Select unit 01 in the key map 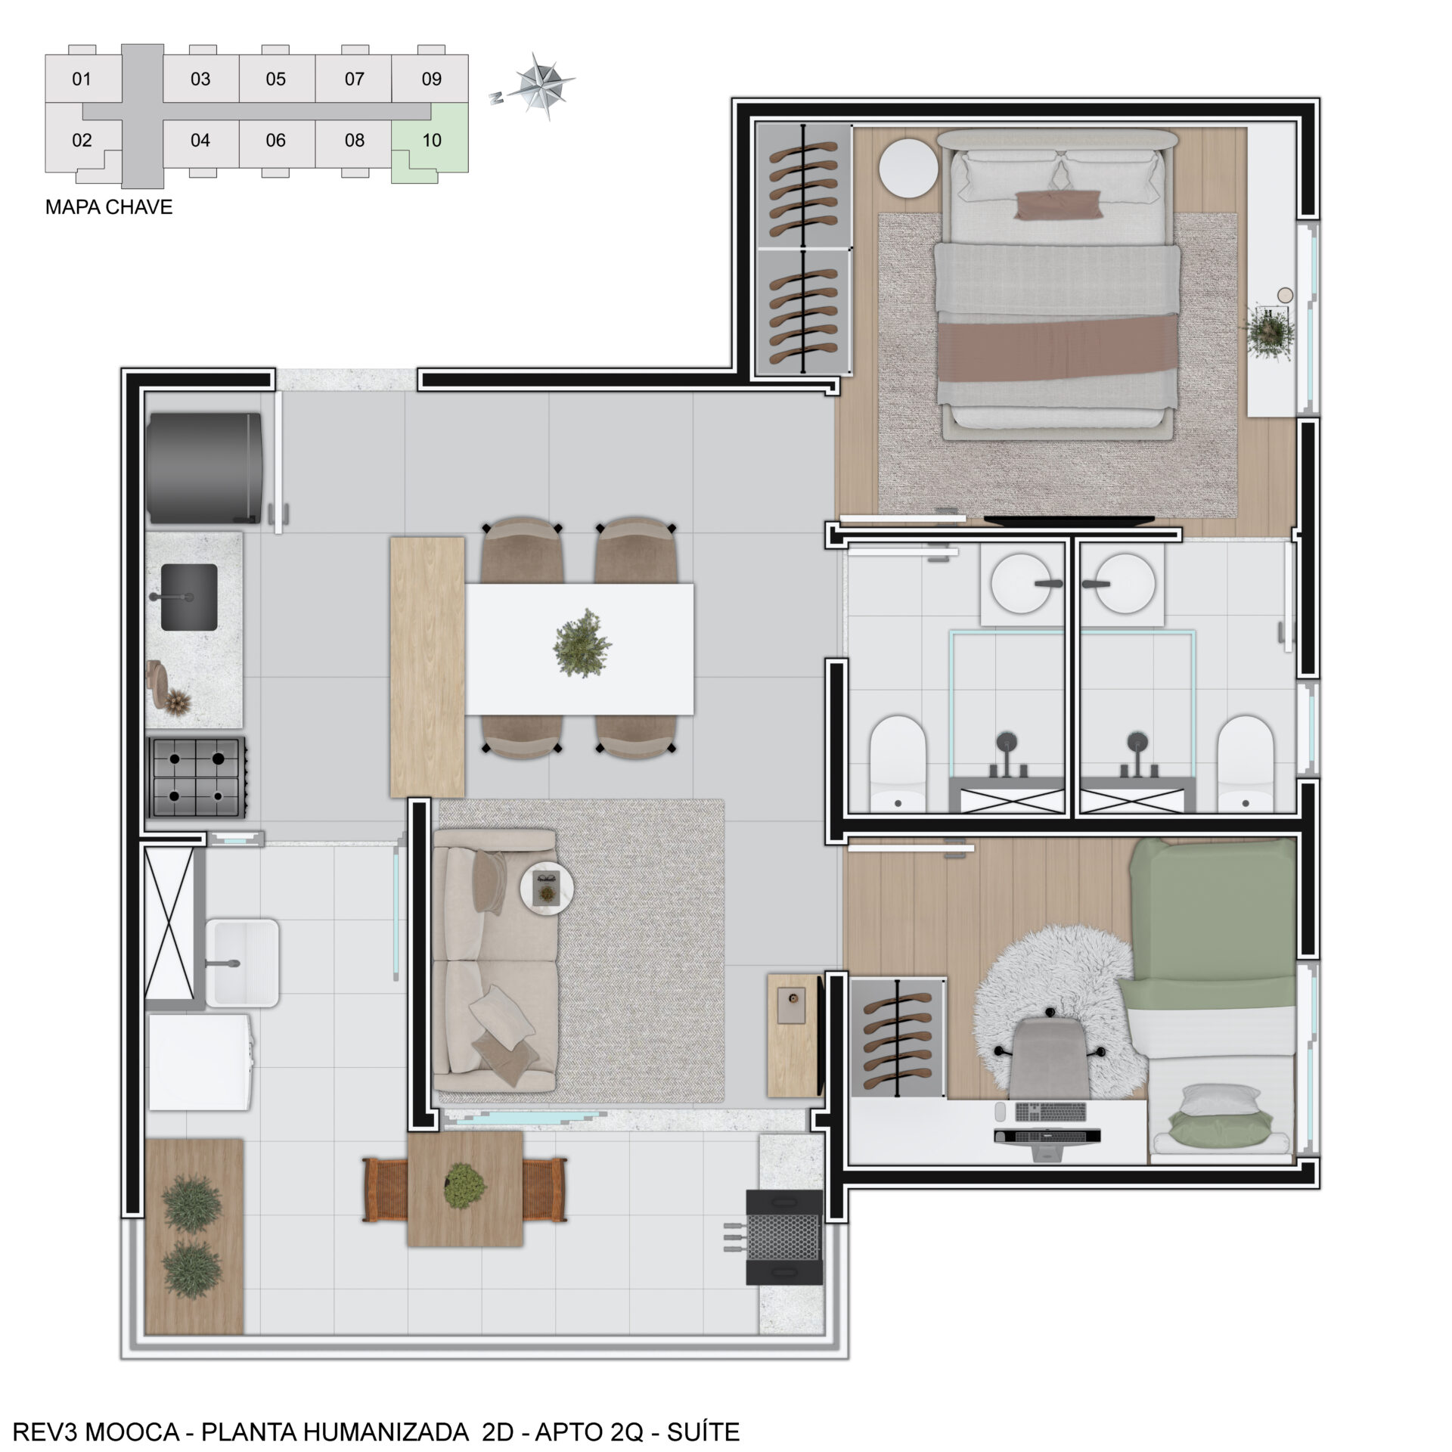82,79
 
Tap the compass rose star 541,85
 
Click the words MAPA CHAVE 109,207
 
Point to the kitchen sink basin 189,597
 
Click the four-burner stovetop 197,777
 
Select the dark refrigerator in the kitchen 204,467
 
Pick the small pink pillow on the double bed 1058,204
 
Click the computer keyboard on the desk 1050,1112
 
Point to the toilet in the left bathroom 898,764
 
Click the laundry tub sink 243,962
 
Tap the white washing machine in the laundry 200,1062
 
